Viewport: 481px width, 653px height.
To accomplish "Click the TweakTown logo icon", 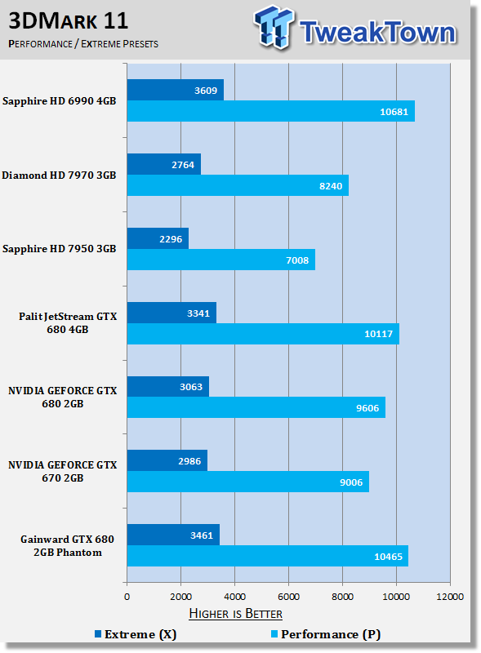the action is click(x=274, y=27).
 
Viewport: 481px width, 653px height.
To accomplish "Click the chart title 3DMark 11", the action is click(x=69, y=21).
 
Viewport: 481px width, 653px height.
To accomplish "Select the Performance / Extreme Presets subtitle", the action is click(x=83, y=44).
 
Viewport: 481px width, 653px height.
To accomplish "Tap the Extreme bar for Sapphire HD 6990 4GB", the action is click(x=176, y=90).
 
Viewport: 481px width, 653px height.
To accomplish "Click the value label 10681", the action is click(x=394, y=112).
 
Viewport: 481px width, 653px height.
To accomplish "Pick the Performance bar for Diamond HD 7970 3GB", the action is click(x=238, y=185).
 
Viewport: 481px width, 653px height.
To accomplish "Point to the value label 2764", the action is click(x=183, y=165).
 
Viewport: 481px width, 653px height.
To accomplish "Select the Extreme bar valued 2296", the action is click(x=158, y=238).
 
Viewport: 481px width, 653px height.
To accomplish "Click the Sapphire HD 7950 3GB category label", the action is click(x=59, y=249).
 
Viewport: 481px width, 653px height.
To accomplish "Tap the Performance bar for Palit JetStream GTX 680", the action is click(x=263, y=334).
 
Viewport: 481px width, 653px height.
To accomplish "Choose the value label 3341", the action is click(x=198, y=313).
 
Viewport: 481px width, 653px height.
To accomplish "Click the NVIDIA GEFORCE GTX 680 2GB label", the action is click(x=63, y=397).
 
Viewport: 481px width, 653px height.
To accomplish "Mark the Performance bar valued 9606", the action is click(x=256, y=407).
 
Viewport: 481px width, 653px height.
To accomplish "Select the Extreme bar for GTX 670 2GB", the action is click(x=167, y=460).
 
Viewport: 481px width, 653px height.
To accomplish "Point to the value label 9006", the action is click(x=351, y=482).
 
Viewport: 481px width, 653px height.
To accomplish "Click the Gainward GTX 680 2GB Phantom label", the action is click(x=68, y=545).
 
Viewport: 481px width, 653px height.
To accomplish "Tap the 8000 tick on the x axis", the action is click(x=343, y=597).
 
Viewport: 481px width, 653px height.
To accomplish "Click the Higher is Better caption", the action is click(x=235, y=614).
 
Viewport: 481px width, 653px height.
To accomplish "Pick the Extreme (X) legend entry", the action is click(x=136, y=634).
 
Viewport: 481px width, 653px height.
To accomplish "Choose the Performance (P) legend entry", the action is click(x=326, y=634).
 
